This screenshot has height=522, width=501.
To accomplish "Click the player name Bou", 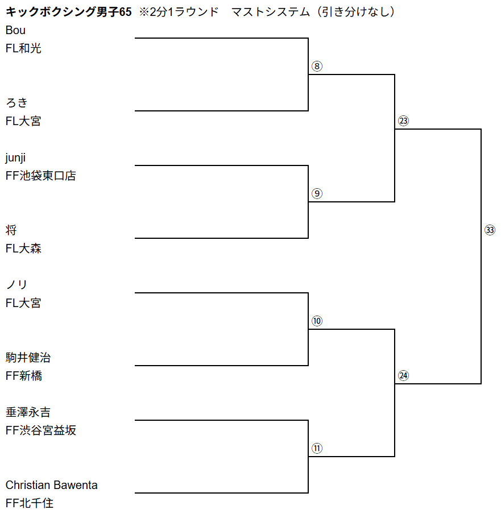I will tap(15, 31).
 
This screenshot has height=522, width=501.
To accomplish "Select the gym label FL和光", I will tap(23, 49).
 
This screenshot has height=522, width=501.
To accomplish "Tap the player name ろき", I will tap(16, 103).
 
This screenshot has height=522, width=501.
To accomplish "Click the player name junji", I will tap(15, 158).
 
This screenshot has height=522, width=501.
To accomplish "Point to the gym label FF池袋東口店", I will tap(40, 176).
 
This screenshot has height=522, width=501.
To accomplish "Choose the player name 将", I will tap(11, 230).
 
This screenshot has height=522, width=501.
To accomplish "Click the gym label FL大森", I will tap(23, 248).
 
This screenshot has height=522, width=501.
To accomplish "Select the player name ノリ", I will tap(16, 285).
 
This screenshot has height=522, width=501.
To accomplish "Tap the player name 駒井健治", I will tap(28, 358).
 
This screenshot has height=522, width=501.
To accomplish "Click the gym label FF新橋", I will tap(23, 376).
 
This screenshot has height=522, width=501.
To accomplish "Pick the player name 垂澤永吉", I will tap(28, 412).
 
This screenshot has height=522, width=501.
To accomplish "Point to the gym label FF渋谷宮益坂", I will tap(40, 430).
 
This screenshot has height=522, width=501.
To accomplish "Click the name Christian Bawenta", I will tap(51, 485).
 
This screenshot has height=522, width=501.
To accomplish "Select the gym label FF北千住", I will tap(29, 503).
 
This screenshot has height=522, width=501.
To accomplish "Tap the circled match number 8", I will tap(317, 66).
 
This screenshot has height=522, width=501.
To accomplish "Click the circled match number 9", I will tap(317, 193).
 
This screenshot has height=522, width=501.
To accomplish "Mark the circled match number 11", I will tap(317, 448).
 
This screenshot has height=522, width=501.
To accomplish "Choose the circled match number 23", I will tap(404, 121).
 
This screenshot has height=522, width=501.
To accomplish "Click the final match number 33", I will tap(490, 230).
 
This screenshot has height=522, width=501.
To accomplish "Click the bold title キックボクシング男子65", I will tap(68, 12).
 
